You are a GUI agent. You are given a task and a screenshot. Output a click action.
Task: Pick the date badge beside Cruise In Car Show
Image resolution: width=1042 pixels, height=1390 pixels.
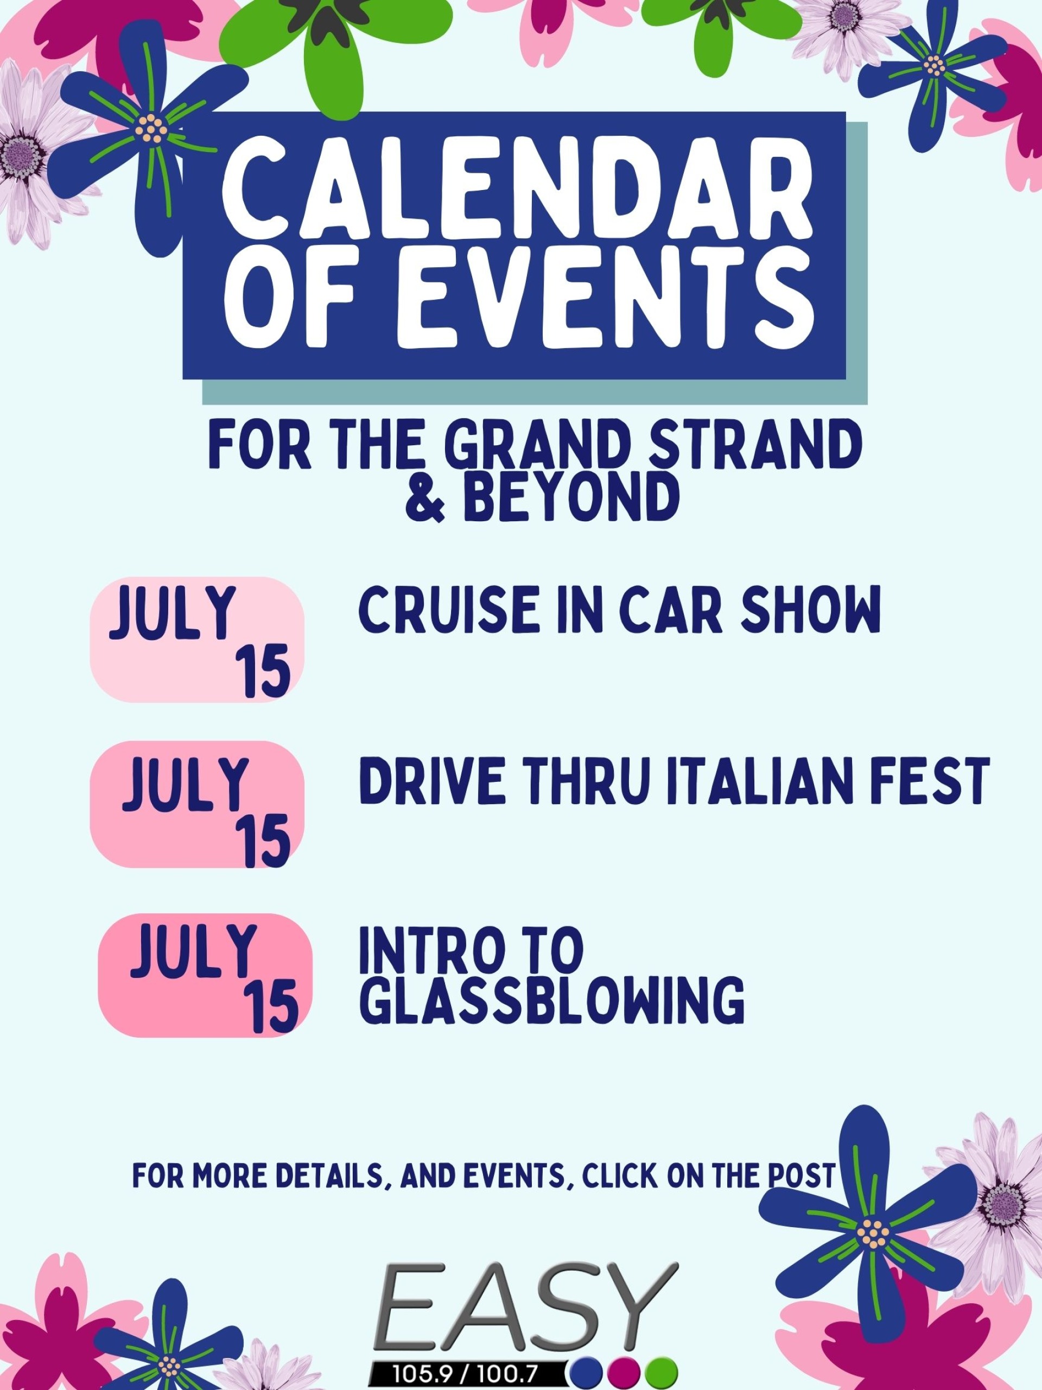[x=197, y=640]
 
